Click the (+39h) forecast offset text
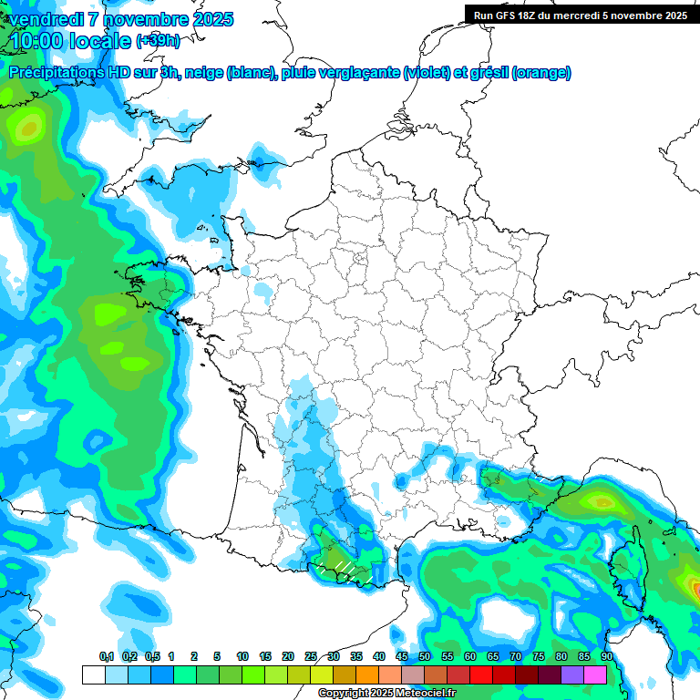pos(157,41)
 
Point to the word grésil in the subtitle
pos(489,73)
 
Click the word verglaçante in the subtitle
pos(355,73)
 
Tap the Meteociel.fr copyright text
pos(387,694)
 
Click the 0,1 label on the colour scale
pos(107,657)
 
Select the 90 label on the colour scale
pos(607,657)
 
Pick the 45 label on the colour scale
pos(402,657)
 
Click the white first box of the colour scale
pos(93,674)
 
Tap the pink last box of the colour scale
pos(595,674)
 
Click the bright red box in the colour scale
pos(481,674)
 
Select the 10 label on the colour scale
pos(242,657)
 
